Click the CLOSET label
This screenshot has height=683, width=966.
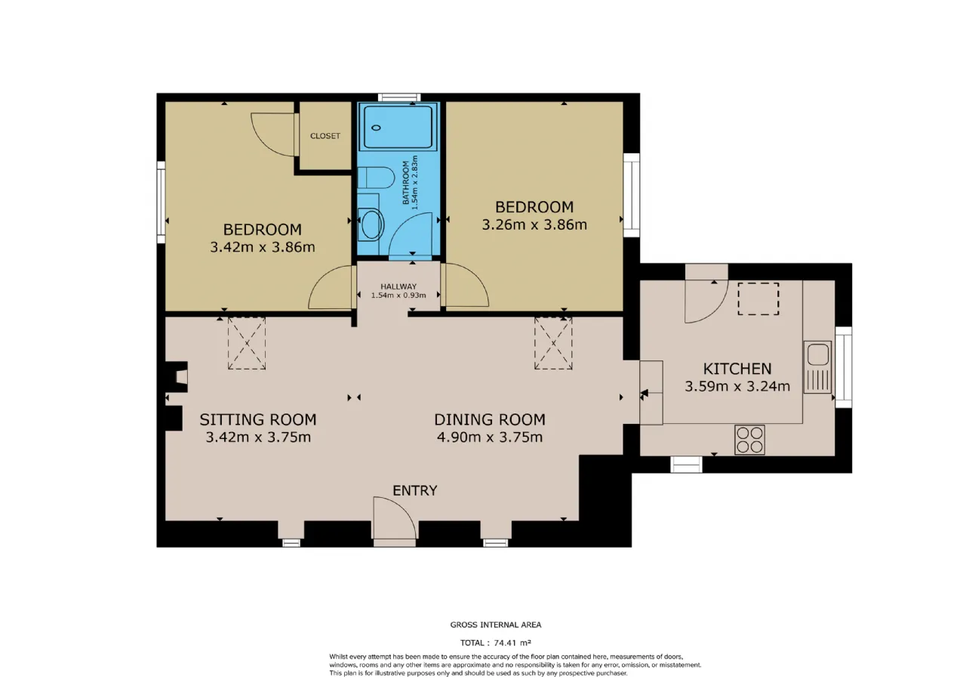point(325,136)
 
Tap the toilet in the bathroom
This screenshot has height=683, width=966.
point(376,178)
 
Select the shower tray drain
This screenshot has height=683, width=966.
point(376,128)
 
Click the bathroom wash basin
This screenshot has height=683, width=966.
point(371,224)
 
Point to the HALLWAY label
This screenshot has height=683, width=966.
point(398,286)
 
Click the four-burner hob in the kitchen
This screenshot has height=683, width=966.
point(749,440)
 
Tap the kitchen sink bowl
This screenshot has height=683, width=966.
point(817,355)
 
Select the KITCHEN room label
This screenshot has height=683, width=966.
point(737,369)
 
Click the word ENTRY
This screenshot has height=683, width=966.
point(415,490)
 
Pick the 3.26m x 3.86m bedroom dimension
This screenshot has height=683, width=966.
point(534,225)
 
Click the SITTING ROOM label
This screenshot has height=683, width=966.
point(258,419)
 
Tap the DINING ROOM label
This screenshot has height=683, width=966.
point(490,419)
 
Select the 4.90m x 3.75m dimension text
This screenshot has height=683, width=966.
point(490,437)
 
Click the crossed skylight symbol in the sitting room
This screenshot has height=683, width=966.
point(247,343)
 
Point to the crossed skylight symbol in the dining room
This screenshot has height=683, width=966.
point(553,343)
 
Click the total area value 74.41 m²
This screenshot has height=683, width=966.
point(512,643)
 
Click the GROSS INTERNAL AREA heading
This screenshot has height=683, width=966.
point(496,625)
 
